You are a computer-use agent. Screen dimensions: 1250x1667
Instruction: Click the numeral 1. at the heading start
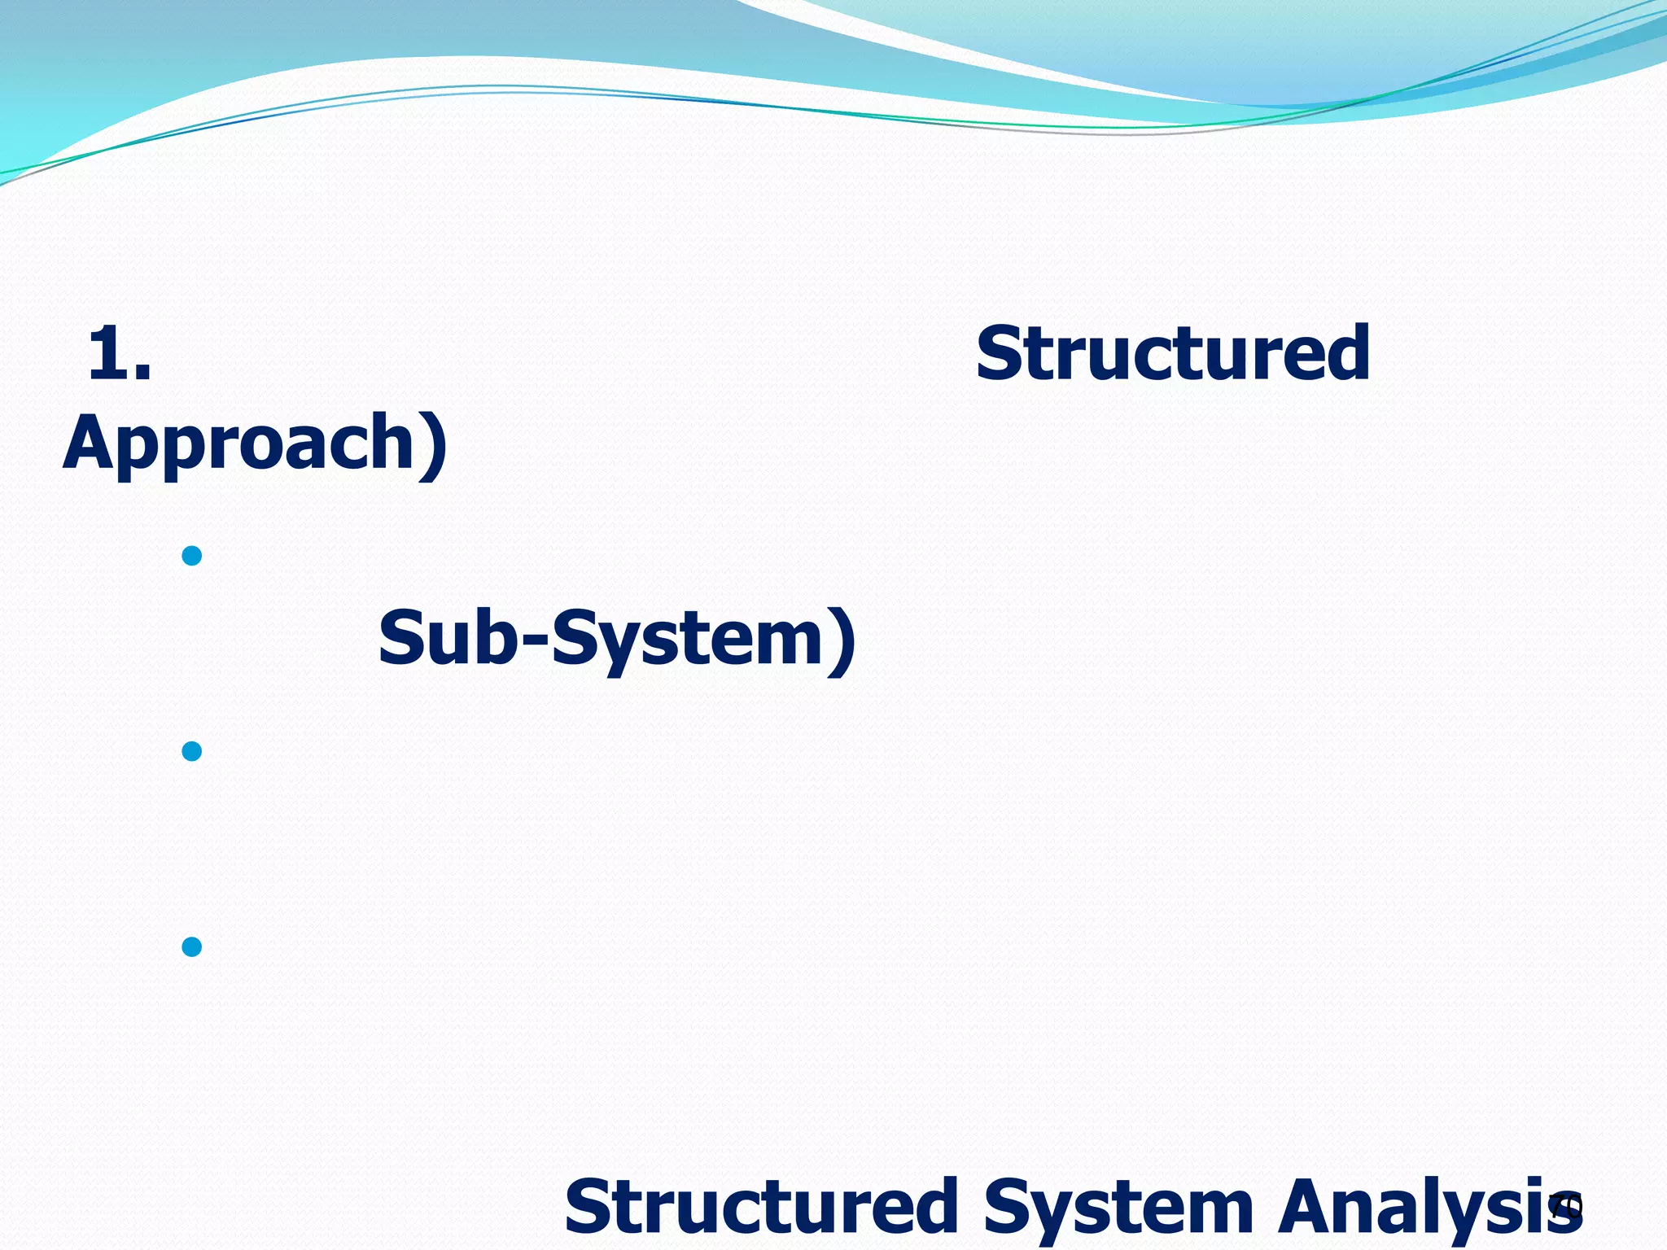(x=119, y=353)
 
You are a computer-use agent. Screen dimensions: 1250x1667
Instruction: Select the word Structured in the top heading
(x=1173, y=353)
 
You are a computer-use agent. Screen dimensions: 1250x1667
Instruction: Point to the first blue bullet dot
(x=192, y=557)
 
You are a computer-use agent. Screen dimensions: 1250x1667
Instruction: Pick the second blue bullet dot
(x=192, y=751)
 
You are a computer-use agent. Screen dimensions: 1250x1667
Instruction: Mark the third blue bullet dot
(x=192, y=946)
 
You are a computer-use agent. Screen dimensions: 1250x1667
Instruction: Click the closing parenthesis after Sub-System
(x=842, y=640)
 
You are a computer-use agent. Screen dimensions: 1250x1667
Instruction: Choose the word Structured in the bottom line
(x=761, y=1207)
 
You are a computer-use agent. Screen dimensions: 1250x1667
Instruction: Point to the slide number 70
(x=1565, y=1207)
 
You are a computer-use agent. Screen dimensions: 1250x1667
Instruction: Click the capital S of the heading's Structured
(x=1000, y=353)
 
